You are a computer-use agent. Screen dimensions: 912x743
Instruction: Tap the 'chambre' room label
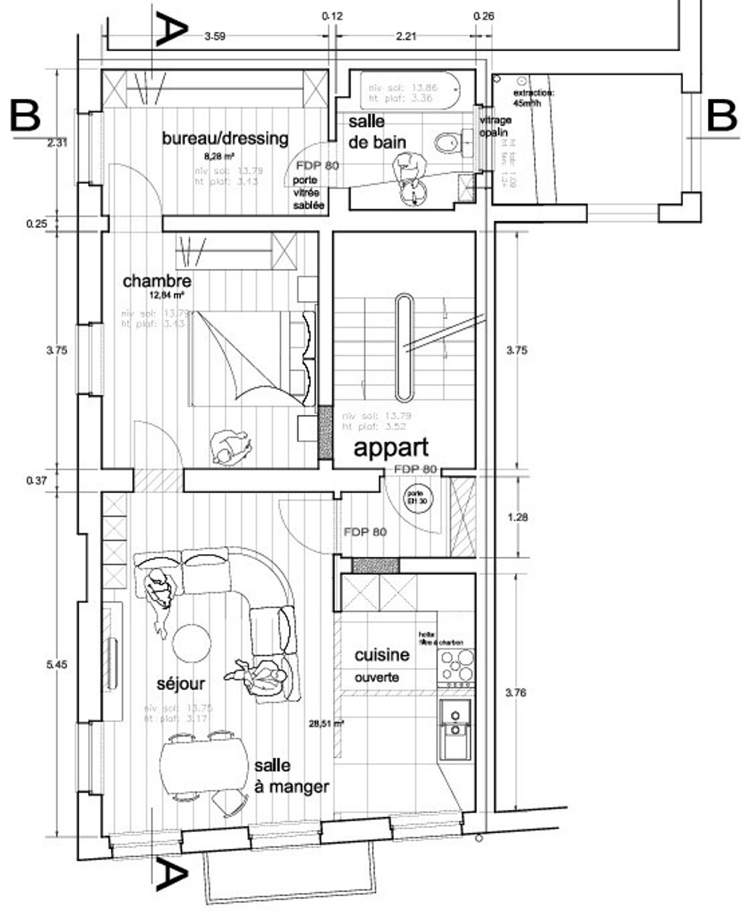click(x=157, y=282)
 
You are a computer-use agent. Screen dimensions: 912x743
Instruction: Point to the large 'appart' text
click(x=391, y=448)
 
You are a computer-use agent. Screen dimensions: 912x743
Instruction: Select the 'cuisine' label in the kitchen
click(x=382, y=655)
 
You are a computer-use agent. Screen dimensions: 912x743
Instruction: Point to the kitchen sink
click(x=456, y=727)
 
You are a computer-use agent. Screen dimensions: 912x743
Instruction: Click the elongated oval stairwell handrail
click(x=404, y=347)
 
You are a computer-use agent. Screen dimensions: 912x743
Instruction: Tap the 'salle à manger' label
click(x=291, y=776)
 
